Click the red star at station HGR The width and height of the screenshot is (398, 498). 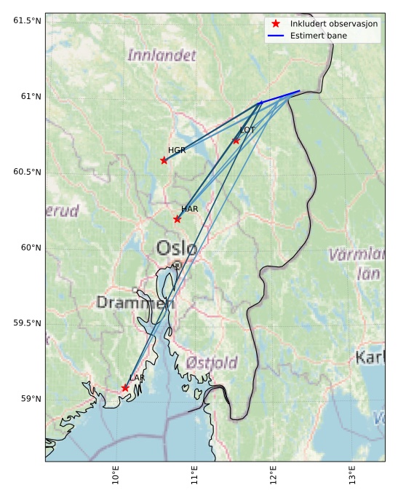point(164,160)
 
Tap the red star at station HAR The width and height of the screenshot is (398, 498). point(177,219)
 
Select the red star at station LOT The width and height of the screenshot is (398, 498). point(236,141)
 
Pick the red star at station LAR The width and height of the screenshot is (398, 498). point(125,388)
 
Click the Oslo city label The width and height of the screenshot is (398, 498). point(176,249)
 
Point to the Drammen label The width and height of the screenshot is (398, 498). point(135,302)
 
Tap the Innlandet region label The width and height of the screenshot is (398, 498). point(162,55)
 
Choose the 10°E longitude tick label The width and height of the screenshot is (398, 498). point(116,476)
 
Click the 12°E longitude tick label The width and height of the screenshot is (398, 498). point(274,476)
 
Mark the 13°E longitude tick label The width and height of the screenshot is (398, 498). point(353,476)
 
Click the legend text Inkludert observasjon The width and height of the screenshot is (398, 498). point(333,24)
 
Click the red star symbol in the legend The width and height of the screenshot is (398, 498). point(276,23)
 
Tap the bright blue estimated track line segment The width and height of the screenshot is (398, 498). point(280,97)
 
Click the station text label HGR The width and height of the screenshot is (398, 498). point(177,150)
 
